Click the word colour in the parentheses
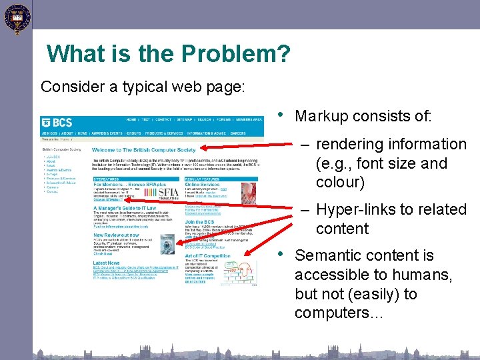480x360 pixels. (x=340, y=182)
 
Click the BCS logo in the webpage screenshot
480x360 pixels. (x=57, y=123)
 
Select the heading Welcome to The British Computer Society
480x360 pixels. (x=144, y=151)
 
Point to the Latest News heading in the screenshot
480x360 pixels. (x=107, y=263)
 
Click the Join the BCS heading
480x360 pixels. (x=199, y=222)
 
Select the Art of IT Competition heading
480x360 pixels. (x=208, y=256)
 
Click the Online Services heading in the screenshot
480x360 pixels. (x=203, y=185)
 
